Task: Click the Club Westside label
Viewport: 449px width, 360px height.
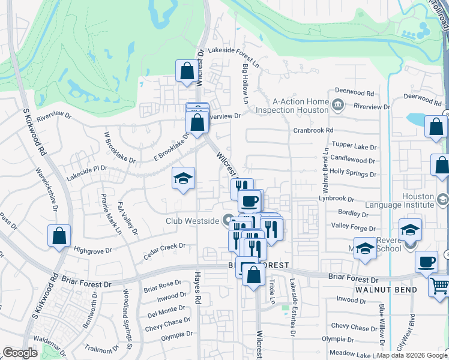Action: (x=192, y=221)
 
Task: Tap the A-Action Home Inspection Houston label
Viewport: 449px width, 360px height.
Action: (x=292, y=106)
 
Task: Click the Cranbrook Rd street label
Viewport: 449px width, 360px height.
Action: (x=313, y=130)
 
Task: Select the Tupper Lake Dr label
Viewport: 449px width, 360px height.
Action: (x=354, y=147)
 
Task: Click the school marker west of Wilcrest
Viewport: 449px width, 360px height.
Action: (x=184, y=178)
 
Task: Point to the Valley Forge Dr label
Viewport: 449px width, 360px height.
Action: (x=353, y=227)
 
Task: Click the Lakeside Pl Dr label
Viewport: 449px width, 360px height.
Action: (x=88, y=169)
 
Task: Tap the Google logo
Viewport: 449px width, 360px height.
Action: (x=20, y=353)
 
